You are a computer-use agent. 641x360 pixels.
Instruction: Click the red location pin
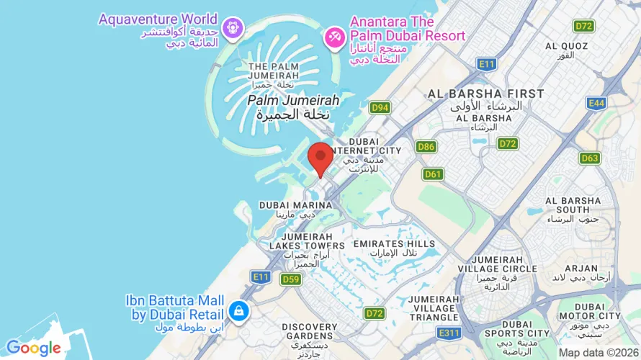[320, 157]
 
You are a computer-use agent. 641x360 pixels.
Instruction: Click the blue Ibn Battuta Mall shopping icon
[238, 311]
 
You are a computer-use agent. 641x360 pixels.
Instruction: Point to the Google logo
[34, 348]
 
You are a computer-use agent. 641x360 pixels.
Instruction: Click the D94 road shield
[380, 108]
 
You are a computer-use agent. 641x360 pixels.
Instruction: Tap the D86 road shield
[426, 147]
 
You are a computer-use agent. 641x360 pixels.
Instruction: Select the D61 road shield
[433, 174]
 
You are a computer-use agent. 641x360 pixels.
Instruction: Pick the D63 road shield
[590, 158]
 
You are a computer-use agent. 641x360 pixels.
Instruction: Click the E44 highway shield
[596, 104]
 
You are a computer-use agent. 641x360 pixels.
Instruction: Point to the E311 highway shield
[449, 333]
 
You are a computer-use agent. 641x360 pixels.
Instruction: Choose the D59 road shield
[291, 279]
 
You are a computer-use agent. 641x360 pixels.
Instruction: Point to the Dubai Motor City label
[589, 311]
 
